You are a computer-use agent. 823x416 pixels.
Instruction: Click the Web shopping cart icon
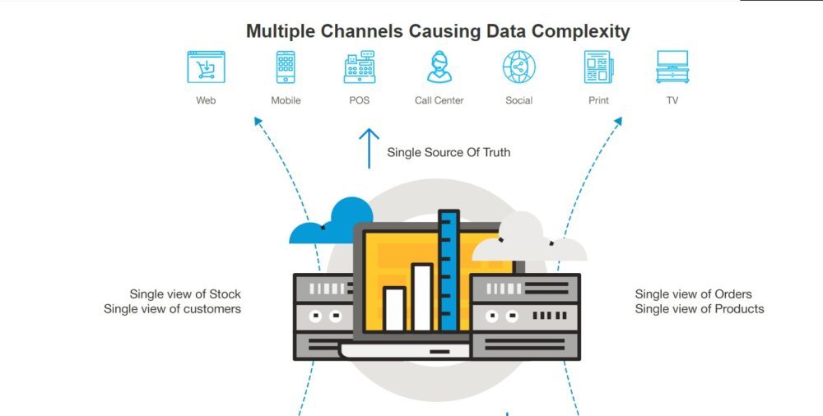pyautogui.click(x=206, y=67)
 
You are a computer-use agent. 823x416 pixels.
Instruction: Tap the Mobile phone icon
pyautogui.click(x=286, y=67)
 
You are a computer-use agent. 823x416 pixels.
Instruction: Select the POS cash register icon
pyautogui.click(x=359, y=67)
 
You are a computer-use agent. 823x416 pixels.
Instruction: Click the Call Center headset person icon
pyautogui.click(x=439, y=67)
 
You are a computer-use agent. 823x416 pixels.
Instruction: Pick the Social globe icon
pyautogui.click(x=519, y=67)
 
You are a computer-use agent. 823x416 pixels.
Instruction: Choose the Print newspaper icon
pyautogui.click(x=598, y=67)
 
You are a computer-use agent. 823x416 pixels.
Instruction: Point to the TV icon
pyautogui.click(x=672, y=67)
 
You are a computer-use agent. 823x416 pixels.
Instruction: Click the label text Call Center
pyautogui.click(x=439, y=100)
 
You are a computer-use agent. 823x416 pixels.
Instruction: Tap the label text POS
pyautogui.click(x=359, y=100)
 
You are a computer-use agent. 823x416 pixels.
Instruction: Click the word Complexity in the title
pyautogui.click(x=580, y=31)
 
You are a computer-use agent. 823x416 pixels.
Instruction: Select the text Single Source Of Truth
pyautogui.click(x=449, y=152)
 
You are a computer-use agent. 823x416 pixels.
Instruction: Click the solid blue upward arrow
pyautogui.click(x=369, y=148)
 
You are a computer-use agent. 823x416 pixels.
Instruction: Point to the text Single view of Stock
pyautogui.click(x=185, y=294)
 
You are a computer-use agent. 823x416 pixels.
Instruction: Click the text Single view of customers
pyautogui.click(x=172, y=309)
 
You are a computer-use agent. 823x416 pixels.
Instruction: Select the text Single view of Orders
pyautogui.click(x=693, y=294)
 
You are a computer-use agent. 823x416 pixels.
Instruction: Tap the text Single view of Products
pyautogui.click(x=700, y=309)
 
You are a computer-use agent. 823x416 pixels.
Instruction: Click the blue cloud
pyautogui.click(x=333, y=222)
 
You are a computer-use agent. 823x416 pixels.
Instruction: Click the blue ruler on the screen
pyautogui.click(x=449, y=271)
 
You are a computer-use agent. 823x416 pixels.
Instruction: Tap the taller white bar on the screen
pyautogui.click(x=422, y=297)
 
